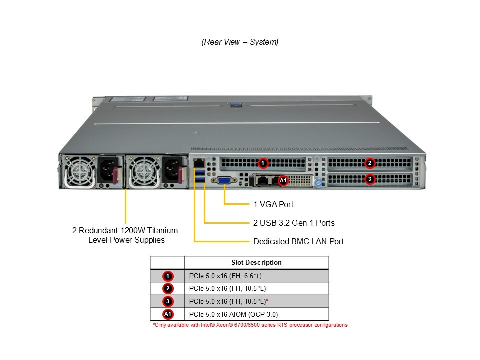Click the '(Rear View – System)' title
[x=240, y=42]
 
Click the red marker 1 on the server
[x=263, y=163]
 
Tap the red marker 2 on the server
[x=369, y=163]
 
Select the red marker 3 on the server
[x=369, y=179]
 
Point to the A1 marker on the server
[x=283, y=180]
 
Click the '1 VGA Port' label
[x=273, y=204]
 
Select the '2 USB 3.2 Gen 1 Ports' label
[x=294, y=223]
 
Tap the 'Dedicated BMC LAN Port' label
[x=298, y=241]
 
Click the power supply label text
[x=125, y=235]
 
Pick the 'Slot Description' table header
[x=256, y=262]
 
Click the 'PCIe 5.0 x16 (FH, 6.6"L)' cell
[x=225, y=276]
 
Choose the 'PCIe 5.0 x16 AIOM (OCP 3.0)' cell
[x=233, y=314]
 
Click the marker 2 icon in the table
[x=168, y=288]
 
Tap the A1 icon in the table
[x=168, y=314]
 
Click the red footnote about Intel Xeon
[x=250, y=325]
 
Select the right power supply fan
[x=141, y=171]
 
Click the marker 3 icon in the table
[x=168, y=301]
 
